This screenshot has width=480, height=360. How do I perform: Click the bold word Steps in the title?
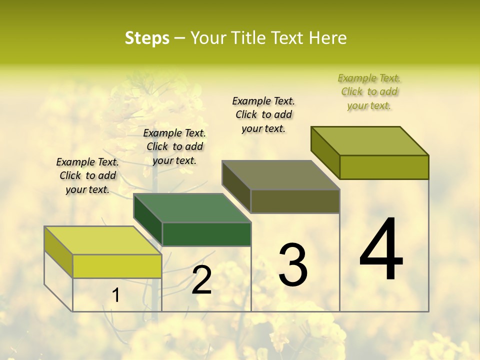147,38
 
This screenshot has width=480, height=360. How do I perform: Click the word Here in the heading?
327,38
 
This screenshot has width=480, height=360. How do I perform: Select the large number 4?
381,250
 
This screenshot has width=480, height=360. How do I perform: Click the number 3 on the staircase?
292,265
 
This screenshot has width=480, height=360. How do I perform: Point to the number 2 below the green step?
201,280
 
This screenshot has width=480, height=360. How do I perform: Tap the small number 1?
116,295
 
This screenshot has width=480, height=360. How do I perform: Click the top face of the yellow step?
102,240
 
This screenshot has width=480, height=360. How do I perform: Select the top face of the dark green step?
192,208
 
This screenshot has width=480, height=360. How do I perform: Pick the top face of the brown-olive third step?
280,175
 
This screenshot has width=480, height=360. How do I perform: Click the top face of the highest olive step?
369,141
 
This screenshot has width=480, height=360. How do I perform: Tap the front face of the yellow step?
117,266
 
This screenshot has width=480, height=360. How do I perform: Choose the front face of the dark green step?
206,234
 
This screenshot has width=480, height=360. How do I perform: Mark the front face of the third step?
295,201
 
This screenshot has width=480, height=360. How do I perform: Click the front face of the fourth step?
384,167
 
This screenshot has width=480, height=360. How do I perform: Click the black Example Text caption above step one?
87,175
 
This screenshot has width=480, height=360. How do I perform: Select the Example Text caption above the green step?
174,146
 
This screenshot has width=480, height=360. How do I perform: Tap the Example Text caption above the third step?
263,114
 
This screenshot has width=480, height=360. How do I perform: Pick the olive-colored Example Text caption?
369,91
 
